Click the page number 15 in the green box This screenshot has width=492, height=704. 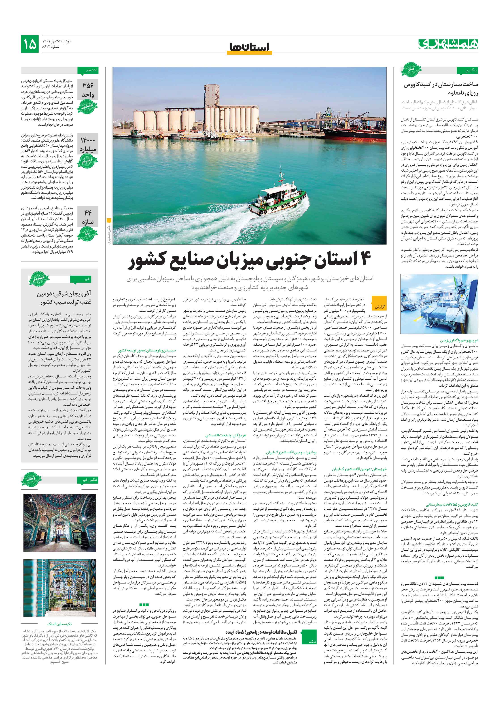click(x=30, y=44)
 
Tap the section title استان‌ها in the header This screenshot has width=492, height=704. click(x=249, y=47)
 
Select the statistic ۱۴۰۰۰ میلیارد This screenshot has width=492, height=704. click(x=88, y=145)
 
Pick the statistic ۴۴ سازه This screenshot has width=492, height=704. click(x=88, y=217)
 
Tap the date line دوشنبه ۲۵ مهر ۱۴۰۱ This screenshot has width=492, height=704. click(x=57, y=41)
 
